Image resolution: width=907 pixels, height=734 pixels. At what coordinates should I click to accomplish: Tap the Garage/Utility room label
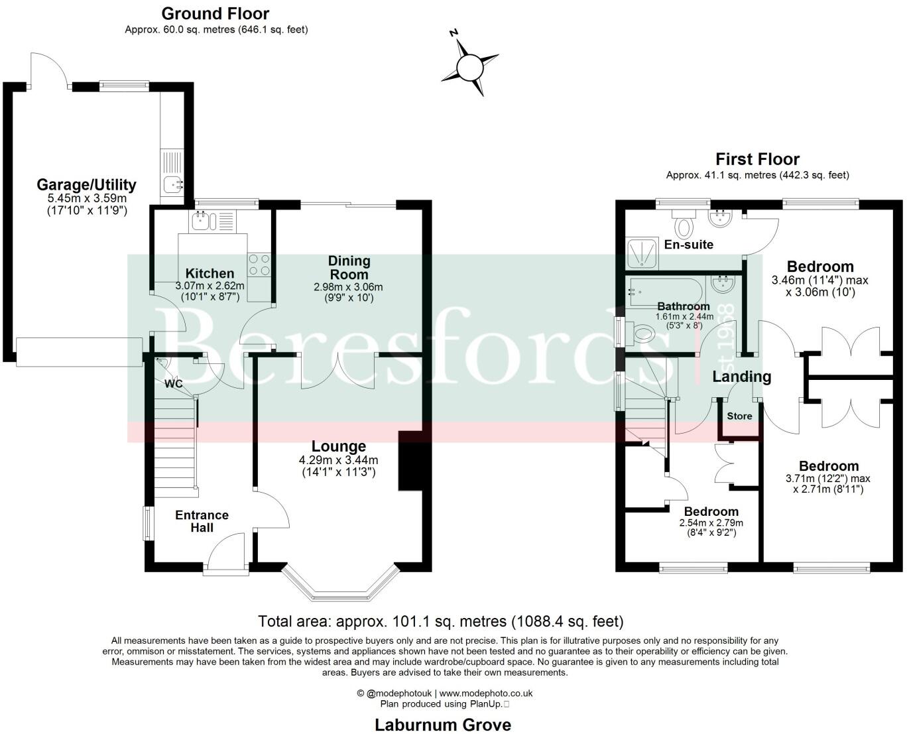coord(86,184)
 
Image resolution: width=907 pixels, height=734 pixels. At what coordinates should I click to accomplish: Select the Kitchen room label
coord(210,273)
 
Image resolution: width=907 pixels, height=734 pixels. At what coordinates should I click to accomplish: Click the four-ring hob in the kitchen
coord(259,265)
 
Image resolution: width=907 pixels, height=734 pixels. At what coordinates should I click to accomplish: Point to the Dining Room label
coord(349,268)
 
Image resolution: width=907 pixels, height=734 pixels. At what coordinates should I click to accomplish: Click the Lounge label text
coord(338,446)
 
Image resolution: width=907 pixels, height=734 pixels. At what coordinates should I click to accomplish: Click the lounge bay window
coord(341,582)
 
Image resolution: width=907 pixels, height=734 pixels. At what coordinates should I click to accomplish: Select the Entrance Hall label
coord(202,521)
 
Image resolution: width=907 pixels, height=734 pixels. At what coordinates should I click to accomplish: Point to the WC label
coord(174,384)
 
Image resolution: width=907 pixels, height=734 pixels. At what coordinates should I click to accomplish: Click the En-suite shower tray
coord(643,253)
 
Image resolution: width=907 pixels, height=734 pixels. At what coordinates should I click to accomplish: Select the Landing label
coord(741,377)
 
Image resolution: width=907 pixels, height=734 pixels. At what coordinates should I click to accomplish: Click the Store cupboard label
coord(739,416)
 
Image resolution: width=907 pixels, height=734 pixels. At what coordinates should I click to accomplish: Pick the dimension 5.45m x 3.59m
coord(86,198)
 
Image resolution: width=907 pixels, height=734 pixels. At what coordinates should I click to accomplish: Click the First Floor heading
coord(757,159)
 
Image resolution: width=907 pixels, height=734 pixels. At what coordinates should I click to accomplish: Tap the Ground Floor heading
coord(215,13)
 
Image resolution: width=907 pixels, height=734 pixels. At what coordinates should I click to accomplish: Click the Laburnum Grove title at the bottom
coord(443,724)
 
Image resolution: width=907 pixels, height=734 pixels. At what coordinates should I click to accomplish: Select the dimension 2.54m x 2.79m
coord(711,523)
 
